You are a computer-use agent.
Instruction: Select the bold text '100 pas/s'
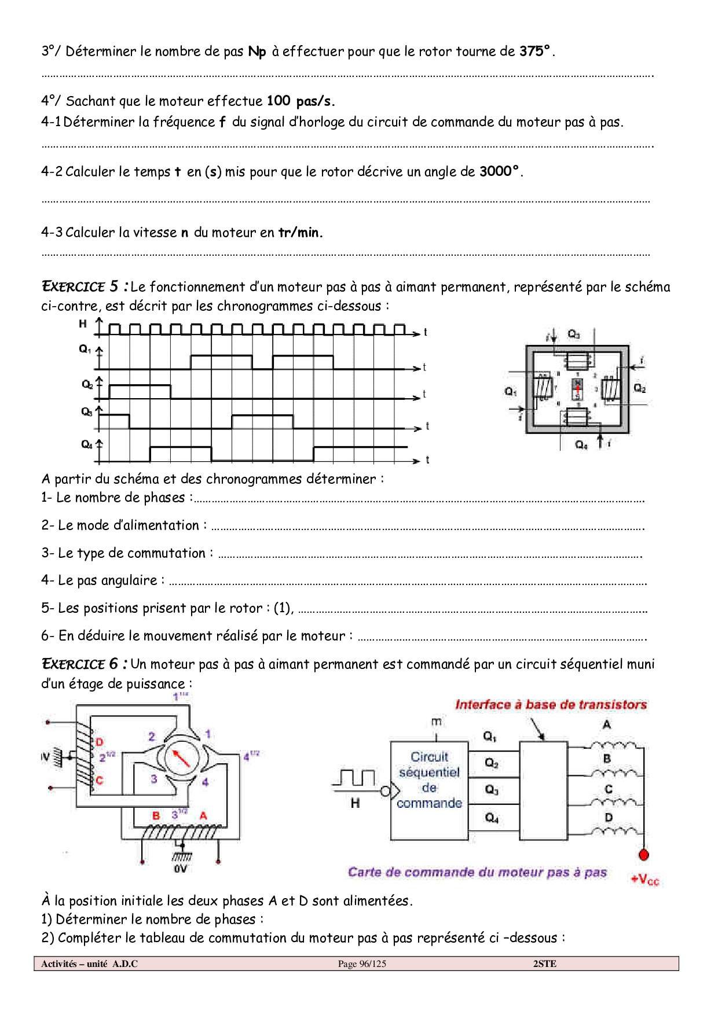pos(300,101)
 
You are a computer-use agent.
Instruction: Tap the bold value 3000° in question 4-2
pos(500,172)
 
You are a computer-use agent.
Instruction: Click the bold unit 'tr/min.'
pos(300,233)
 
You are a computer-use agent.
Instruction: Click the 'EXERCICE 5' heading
pos(81,287)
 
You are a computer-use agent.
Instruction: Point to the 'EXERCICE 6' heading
pos(81,664)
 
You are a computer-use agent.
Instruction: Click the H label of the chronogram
pos(83,324)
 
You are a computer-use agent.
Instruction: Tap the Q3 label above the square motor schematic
pos(573,334)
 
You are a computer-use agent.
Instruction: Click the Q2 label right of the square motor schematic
pos(639,388)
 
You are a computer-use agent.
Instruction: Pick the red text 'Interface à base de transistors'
pos(551,705)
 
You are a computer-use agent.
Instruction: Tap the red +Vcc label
pos(645,880)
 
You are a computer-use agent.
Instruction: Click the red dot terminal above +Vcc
pos(643,855)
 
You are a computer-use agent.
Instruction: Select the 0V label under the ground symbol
pos(181,869)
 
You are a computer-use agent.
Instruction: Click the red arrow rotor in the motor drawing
pos(182,758)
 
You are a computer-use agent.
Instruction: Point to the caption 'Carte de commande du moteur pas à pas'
pos(477,873)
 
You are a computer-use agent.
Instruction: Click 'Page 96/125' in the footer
pos(362,964)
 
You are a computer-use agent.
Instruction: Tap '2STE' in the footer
pos(544,964)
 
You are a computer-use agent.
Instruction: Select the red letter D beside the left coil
pos(99,742)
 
